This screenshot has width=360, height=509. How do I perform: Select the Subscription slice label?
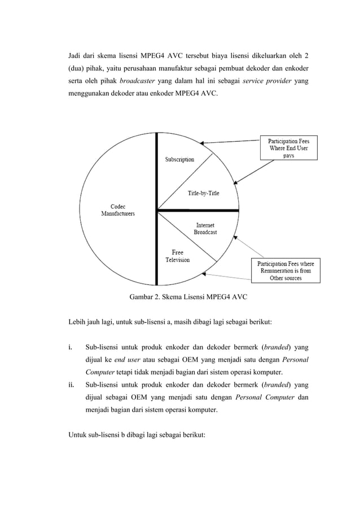179,160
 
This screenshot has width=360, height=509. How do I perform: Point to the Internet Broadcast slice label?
205,228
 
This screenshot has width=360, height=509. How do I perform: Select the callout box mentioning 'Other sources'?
285,270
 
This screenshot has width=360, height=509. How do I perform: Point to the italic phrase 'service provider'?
265,81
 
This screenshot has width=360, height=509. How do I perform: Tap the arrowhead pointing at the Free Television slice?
205,274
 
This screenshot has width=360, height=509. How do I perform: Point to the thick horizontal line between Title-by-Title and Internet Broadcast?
197,211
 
